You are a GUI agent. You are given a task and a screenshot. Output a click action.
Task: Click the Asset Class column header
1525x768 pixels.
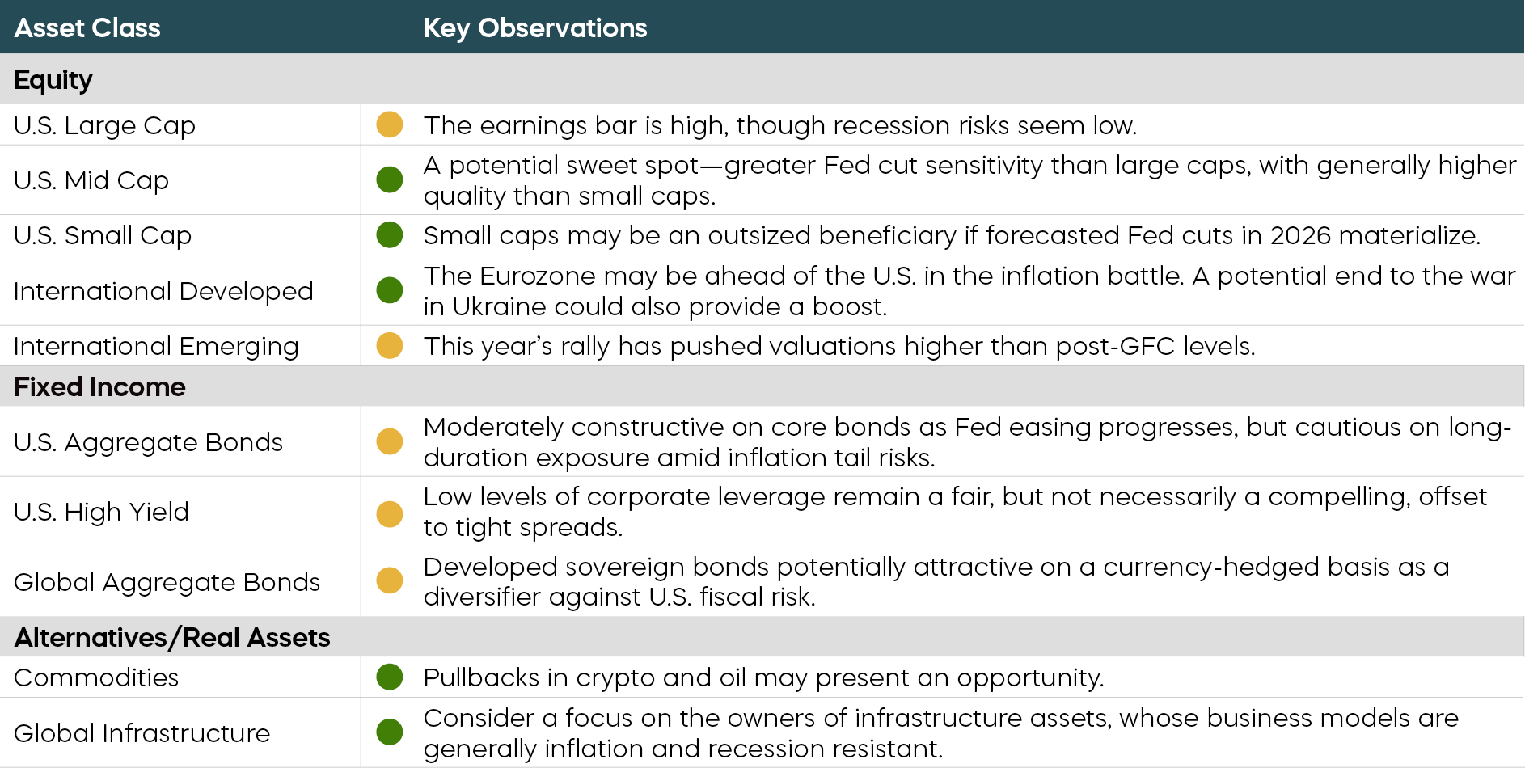tap(87, 28)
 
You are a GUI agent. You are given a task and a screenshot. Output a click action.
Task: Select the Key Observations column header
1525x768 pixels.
tap(534, 28)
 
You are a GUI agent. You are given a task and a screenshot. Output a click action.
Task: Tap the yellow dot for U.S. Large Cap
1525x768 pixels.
tap(390, 124)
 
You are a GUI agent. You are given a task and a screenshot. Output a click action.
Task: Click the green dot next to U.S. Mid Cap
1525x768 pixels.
tap(390, 179)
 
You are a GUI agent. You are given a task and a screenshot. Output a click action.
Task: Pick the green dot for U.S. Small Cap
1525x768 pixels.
tap(390, 234)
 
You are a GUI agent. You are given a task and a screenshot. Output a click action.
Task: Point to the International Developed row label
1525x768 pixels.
tap(163, 290)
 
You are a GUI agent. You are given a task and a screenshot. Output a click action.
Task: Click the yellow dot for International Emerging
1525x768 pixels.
tap(390, 345)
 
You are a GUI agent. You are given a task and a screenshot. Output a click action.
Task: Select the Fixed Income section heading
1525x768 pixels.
tap(99, 386)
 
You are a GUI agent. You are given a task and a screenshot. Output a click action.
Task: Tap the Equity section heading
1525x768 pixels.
tap(53, 79)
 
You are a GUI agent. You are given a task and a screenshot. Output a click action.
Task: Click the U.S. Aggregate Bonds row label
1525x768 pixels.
tap(148, 442)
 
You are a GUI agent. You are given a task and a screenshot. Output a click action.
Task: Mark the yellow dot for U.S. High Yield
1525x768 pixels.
tap(390, 513)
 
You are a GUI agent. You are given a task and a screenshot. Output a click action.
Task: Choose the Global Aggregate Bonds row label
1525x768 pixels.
tap(167, 582)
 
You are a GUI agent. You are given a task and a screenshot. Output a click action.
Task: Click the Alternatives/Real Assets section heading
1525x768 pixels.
tap(172, 637)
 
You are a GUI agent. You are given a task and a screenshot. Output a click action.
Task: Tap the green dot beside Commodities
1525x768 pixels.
tap(390, 677)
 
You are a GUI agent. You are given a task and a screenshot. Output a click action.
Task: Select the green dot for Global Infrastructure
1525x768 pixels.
tap(390, 732)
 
